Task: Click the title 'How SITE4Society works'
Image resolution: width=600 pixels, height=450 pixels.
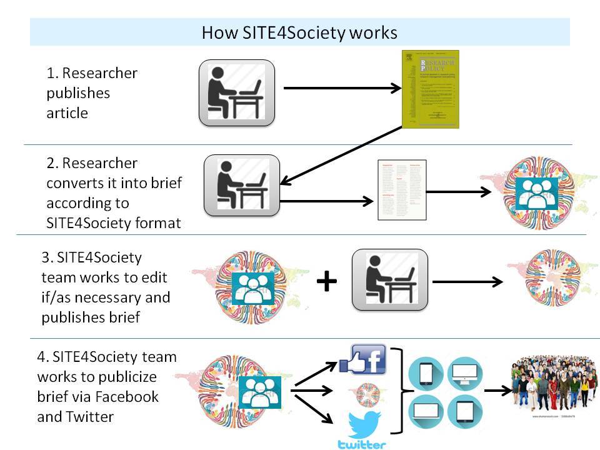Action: [x=299, y=32]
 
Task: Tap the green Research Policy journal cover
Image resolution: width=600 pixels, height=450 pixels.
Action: [x=430, y=89]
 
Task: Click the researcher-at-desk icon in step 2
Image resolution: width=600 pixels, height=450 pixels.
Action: [x=242, y=185]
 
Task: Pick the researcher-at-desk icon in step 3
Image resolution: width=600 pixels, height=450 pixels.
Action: [x=389, y=279]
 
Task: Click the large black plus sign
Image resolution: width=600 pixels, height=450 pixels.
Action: [x=326, y=282]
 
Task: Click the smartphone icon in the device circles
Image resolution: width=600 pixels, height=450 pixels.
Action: [x=426, y=374]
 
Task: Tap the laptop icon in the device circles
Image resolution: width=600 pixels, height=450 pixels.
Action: [x=426, y=412]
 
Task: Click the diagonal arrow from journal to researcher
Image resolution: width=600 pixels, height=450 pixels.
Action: [x=341, y=155]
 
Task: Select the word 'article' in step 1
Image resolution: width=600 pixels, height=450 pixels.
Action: [x=67, y=113]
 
